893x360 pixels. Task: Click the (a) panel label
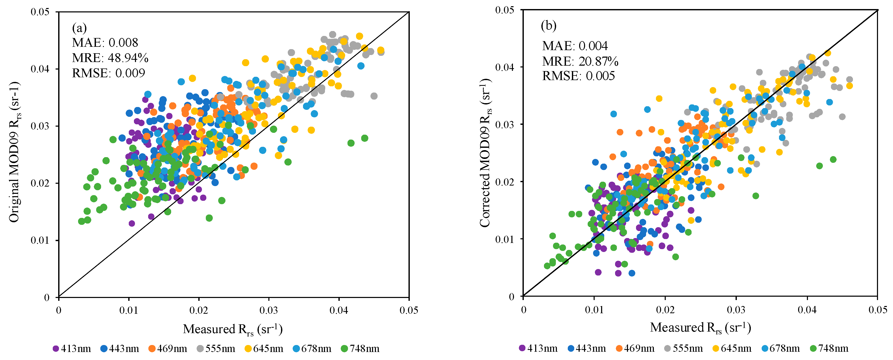(x=79, y=27)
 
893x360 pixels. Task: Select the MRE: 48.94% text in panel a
(x=110, y=58)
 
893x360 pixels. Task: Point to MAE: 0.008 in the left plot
(x=105, y=43)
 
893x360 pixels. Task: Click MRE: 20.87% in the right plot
(x=580, y=61)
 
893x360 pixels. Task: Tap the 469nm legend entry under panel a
(x=168, y=349)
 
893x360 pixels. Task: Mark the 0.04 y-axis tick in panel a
(x=40, y=69)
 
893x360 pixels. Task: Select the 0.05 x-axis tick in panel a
(x=409, y=310)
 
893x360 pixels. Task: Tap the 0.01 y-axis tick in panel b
(x=505, y=239)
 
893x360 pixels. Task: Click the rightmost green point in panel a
(x=364, y=138)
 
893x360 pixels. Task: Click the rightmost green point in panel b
(x=833, y=159)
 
